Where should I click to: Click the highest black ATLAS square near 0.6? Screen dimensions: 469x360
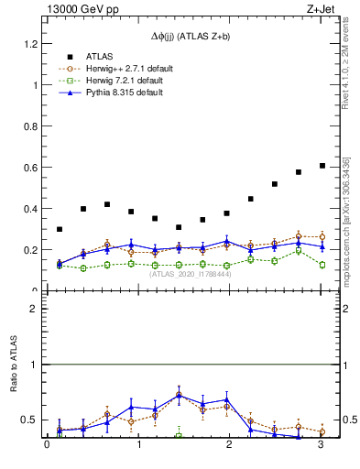(x=322, y=166)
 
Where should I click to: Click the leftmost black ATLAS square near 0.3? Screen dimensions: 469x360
(x=60, y=229)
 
